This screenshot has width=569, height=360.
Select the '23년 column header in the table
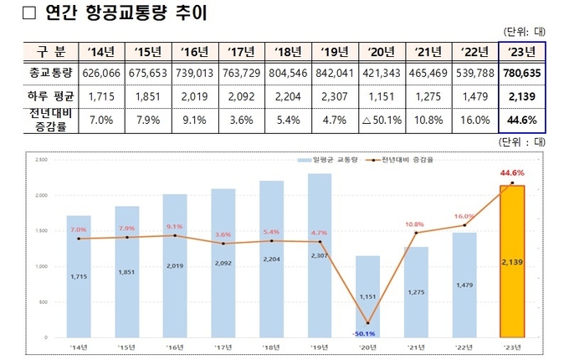pyautogui.click(x=520, y=52)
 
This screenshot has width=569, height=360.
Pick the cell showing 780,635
pyautogui.click(x=520, y=73)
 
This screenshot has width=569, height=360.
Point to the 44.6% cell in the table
pyautogui.click(x=520, y=119)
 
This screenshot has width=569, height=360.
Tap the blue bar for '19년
pyautogui.click(x=320, y=255)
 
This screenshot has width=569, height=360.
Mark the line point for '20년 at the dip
pyautogui.click(x=368, y=323)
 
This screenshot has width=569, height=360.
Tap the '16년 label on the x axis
pyautogui.click(x=175, y=347)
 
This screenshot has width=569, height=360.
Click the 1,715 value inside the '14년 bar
pyautogui.click(x=79, y=275)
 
